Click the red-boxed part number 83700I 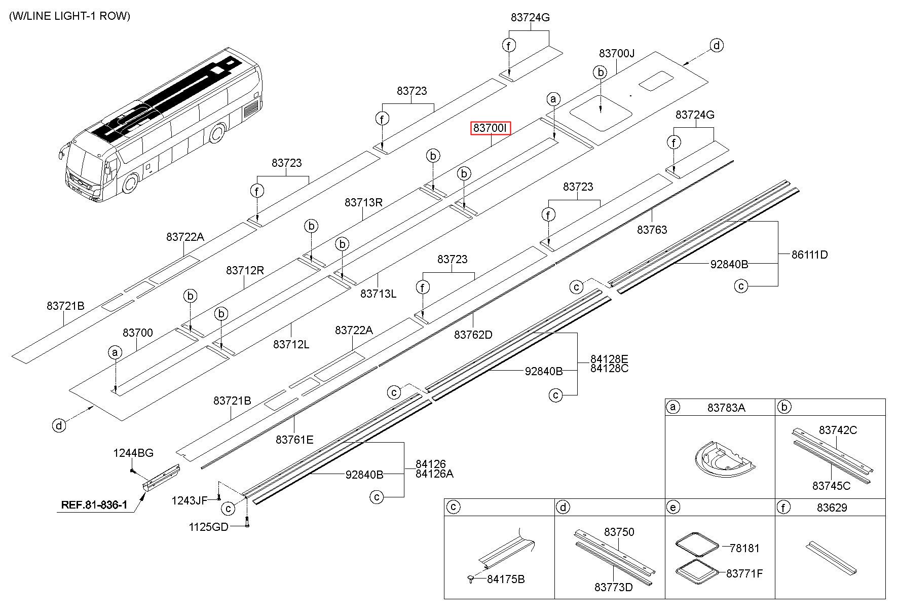[x=490, y=129]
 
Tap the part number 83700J [x=617, y=53]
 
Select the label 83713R [x=363, y=202]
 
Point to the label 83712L [x=291, y=344]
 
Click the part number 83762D [x=473, y=335]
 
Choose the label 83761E [x=294, y=440]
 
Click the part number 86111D [x=810, y=255]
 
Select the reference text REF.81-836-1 [x=94, y=505]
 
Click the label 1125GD [x=208, y=527]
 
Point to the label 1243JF [x=190, y=501]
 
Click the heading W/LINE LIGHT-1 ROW [x=69, y=16]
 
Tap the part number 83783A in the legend [x=726, y=407]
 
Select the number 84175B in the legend [x=506, y=579]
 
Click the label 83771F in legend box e [x=744, y=573]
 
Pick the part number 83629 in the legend [x=832, y=508]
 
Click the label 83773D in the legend [x=614, y=587]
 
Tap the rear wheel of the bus [x=217, y=133]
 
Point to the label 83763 [x=652, y=230]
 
